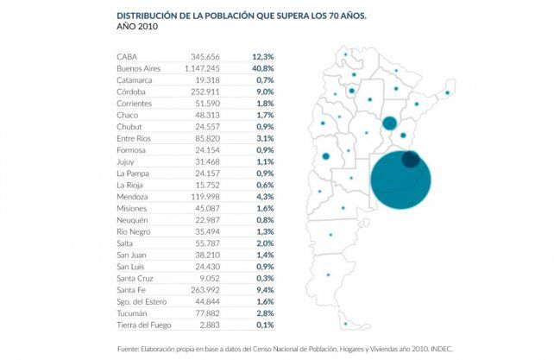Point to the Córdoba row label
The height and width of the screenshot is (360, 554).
[131, 91]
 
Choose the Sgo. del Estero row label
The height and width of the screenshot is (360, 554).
[140, 302]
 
